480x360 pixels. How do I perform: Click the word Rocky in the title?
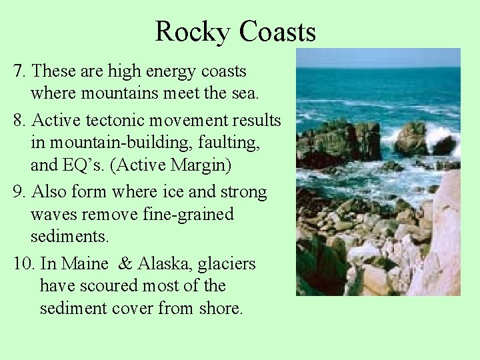coord(193,31)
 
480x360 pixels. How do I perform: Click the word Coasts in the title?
coord(277,31)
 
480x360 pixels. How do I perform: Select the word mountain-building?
coord(101,143)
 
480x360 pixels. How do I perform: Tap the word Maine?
coord(84,264)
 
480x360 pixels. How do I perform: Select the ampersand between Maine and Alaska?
coord(125,264)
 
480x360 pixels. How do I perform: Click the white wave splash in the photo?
coord(441,137)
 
